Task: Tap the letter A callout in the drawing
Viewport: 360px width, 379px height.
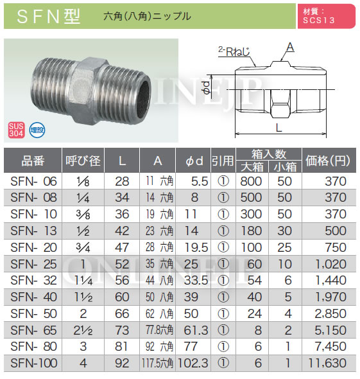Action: pos(291,47)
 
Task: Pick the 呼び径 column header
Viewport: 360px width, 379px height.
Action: pos(81,161)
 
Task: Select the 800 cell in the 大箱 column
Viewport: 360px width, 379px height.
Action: pos(251,181)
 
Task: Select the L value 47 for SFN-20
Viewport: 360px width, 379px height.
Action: pos(122,247)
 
